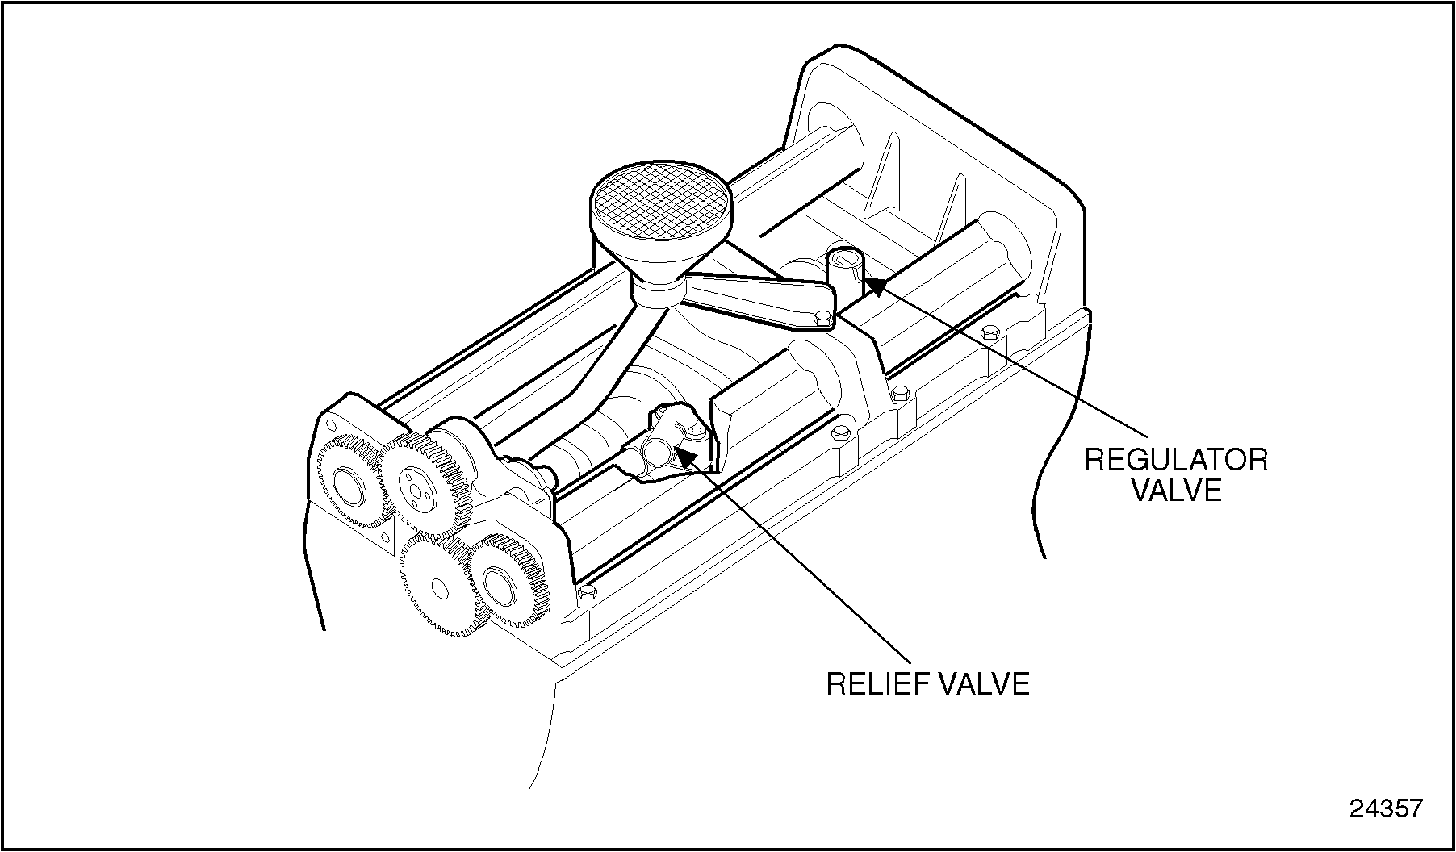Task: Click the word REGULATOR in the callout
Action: click(x=1176, y=460)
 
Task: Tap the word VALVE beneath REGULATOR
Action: click(x=1176, y=490)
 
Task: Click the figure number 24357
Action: click(x=1387, y=808)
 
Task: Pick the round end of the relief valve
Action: click(x=658, y=452)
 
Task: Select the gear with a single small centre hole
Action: click(x=436, y=584)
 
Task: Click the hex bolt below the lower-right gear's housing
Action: click(x=587, y=594)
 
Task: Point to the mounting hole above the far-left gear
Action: click(x=329, y=425)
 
